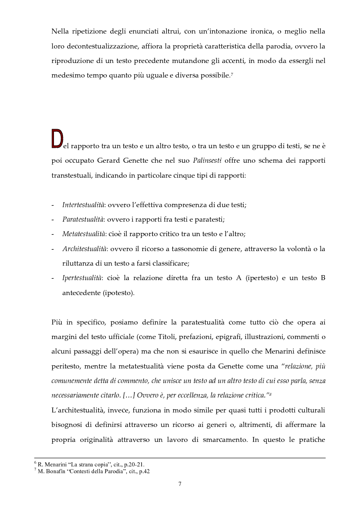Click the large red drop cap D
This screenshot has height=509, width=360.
56,139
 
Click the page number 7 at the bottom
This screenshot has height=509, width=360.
180,484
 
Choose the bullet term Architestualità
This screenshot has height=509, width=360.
85,249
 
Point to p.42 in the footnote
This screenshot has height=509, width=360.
144,471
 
